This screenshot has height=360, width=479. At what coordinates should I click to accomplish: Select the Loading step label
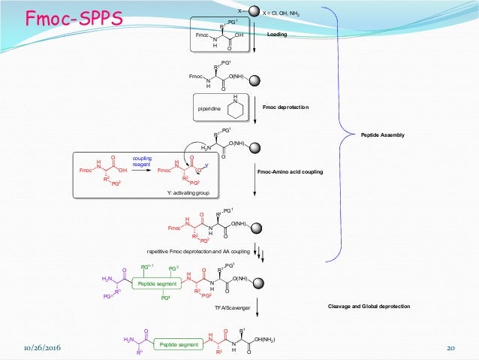tap(277, 35)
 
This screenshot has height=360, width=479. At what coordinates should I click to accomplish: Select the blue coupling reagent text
tap(143, 161)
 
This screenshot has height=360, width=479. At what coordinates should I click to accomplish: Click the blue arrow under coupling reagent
tap(143, 170)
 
